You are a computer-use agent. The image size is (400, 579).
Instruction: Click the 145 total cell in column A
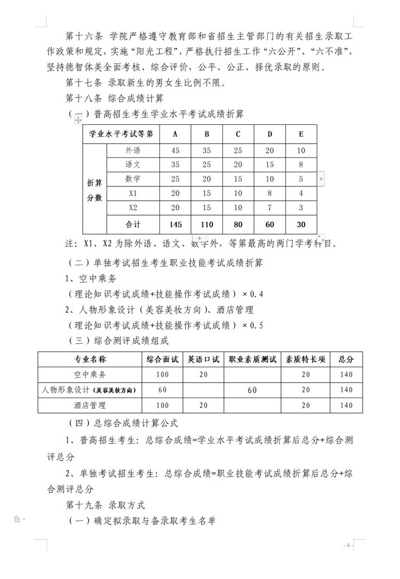click(175, 224)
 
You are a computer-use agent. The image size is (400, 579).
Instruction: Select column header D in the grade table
click(270, 134)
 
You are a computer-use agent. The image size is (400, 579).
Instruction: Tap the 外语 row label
click(133, 150)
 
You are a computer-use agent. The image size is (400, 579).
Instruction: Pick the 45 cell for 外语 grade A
click(175, 150)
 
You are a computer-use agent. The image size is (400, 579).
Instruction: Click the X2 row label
click(133, 207)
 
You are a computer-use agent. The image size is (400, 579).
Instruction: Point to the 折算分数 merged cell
click(94, 190)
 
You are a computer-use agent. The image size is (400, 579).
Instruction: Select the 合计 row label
click(133, 224)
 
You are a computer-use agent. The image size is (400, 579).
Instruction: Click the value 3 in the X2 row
click(301, 207)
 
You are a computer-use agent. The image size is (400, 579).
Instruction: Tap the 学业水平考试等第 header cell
click(121, 134)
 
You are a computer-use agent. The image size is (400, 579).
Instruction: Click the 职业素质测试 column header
click(252, 359)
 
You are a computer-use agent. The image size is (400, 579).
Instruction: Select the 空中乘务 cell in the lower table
click(90, 375)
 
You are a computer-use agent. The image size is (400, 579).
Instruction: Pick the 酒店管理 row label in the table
click(90, 406)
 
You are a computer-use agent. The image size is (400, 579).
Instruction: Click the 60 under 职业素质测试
click(252, 390)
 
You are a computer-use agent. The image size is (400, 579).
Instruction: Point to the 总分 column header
click(346, 359)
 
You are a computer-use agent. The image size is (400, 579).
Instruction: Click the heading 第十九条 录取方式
click(105, 504)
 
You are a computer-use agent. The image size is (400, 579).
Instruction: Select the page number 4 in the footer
click(348, 545)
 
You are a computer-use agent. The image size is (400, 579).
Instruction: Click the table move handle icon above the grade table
click(78, 121)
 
